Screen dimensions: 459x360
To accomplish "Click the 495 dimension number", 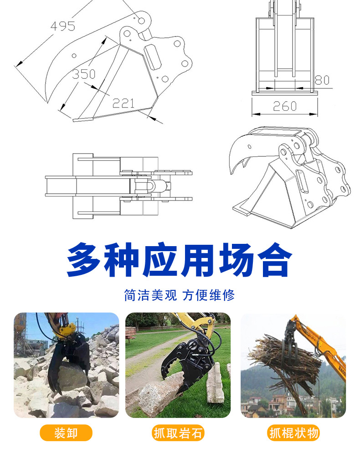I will coord(62,26).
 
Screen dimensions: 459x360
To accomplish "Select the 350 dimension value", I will coord(83,74).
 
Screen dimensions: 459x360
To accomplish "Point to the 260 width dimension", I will coord(285,106).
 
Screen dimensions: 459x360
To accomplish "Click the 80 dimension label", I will coord(322,81).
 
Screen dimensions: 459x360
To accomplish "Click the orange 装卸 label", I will coord(66,433).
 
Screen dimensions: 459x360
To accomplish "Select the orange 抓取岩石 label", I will coord(178,433).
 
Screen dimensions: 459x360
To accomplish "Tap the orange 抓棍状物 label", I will coord(293,433).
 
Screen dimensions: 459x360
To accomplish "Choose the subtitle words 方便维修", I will coord(209,295).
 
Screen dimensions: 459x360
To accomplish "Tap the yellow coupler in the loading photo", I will coord(64,331).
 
